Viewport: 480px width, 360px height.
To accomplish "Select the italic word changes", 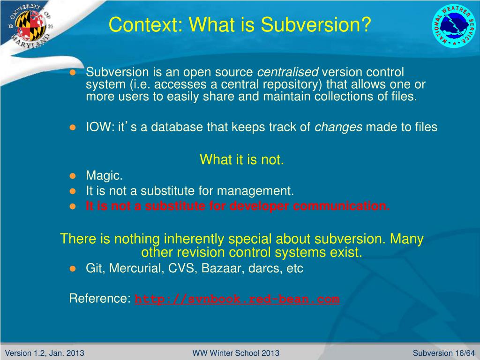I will coord(338,127).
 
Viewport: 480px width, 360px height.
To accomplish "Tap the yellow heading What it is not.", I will coord(242,160).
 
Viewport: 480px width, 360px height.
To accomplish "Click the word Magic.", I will coord(104,176).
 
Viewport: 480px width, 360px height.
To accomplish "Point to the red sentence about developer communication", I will coord(238,206).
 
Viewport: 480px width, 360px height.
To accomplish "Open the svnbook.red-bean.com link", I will coord(237,299).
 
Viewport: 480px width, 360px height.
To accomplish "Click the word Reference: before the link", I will coord(100,299).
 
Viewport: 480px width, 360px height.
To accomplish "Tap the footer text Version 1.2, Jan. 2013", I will coord(41,353).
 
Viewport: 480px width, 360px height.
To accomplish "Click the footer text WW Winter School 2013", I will coord(236,353).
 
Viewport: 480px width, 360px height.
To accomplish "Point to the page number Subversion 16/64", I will coord(443,353).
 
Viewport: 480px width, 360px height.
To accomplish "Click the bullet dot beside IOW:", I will coord(73,127).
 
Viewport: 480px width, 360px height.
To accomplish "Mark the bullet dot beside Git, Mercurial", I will coord(73,269).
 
